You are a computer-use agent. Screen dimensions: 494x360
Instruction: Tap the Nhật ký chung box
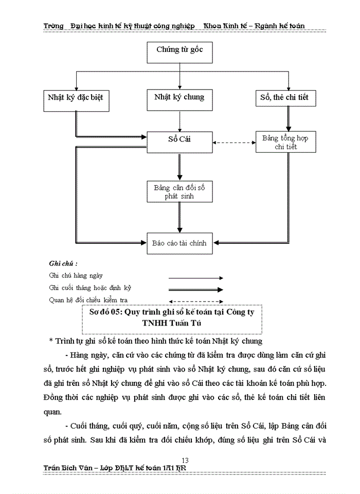pyautogui.click(x=179, y=98)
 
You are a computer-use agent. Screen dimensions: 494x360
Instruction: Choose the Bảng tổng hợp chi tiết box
pyautogui.click(x=285, y=142)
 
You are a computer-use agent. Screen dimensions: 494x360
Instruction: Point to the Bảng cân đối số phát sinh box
pyautogui.click(x=179, y=191)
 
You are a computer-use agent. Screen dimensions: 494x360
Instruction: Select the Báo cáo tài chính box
pyautogui.click(x=179, y=243)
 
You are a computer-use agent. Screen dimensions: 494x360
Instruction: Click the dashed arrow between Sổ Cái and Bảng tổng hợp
pyautogui.click(x=233, y=143)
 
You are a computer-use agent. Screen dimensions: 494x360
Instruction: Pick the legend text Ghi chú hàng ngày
pyautogui.click(x=76, y=276)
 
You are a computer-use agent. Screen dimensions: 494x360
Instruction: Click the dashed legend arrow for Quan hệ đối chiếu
pyautogui.click(x=195, y=301)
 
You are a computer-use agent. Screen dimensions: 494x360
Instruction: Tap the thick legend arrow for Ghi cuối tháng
pyautogui.click(x=195, y=289)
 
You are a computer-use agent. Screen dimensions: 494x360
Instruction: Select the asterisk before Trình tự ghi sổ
pyautogui.click(x=51, y=341)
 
